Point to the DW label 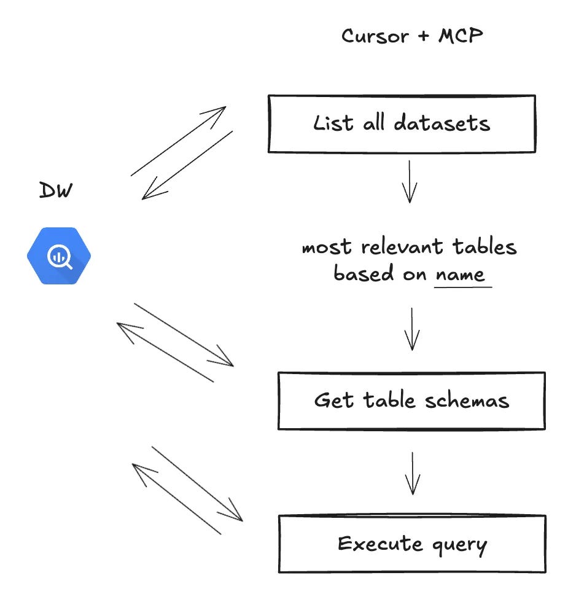pos(56,190)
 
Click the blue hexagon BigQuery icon pos(59,256)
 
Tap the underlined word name pos(462,274)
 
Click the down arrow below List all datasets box pos(409,182)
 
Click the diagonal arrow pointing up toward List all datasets pos(178,141)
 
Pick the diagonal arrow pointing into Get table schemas pos(184,335)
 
